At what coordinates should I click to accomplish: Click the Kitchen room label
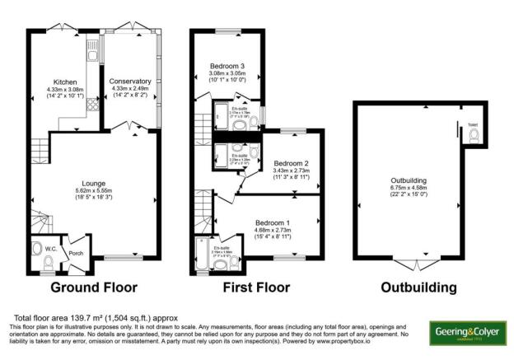pyautogui.click(x=66, y=82)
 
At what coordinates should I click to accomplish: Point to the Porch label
pyautogui.click(x=77, y=254)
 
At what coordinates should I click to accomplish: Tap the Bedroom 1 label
pyautogui.click(x=272, y=223)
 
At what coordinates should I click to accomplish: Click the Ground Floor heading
pyautogui.click(x=93, y=288)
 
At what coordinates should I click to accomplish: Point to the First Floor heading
pyautogui.click(x=256, y=288)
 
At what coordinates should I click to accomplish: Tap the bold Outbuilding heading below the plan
pyautogui.click(x=418, y=288)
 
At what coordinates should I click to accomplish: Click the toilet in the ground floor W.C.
pyautogui.click(x=48, y=262)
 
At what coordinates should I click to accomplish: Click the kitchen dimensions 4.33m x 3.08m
pyautogui.click(x=66, y=90)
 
